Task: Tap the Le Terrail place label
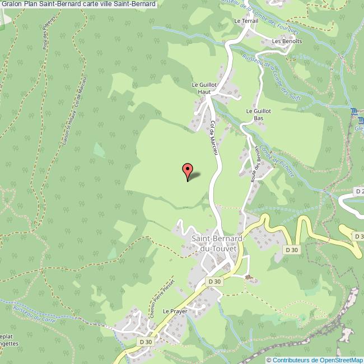(245, 21)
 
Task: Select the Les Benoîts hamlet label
(283, 41)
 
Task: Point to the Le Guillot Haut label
(203, 88)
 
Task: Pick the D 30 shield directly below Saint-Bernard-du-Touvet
(215, 281)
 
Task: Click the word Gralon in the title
(12, 4)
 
